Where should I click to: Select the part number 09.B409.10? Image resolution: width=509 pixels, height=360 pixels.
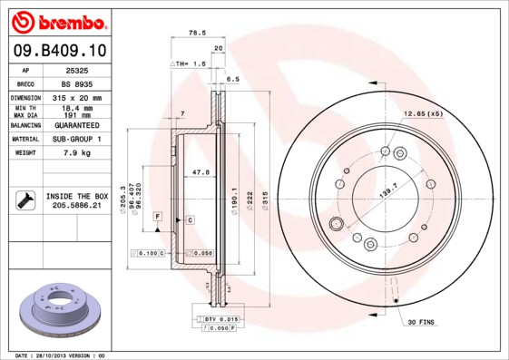tap(56, 51)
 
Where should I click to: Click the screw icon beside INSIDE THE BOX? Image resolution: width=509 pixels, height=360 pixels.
tap(24, 200)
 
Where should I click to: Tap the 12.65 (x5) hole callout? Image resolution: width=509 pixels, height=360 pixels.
tap(423, 114)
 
